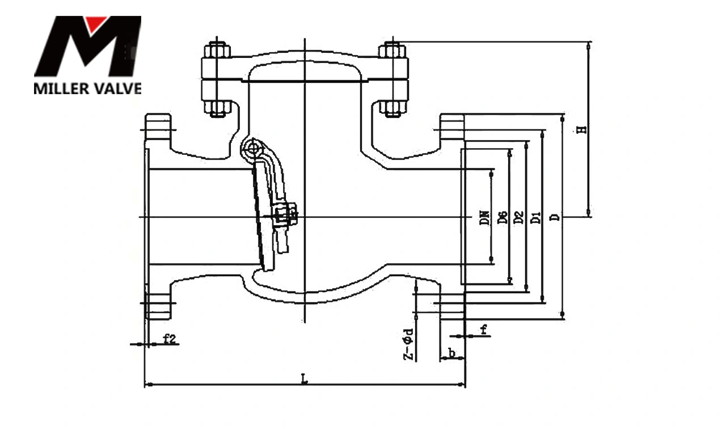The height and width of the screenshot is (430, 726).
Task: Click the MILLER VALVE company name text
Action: [87, 88]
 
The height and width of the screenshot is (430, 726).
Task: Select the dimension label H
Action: [581, 129]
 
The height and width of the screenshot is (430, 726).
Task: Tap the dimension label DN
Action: [484, 218]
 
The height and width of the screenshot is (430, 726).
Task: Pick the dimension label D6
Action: [501, 217]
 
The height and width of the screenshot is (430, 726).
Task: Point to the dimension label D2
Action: [517, 217]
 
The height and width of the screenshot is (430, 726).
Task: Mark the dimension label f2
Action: [170, 339]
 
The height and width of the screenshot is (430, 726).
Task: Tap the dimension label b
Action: [452, 353]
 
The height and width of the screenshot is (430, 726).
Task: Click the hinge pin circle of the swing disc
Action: [251, 149]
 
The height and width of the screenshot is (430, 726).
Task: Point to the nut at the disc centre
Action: [283, 216]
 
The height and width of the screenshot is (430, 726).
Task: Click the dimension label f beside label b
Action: [483, 329]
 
